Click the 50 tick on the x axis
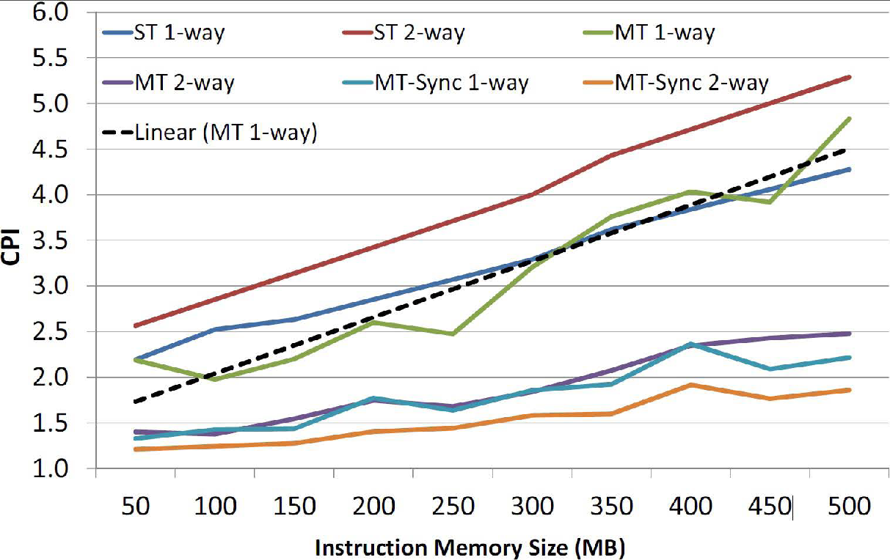point(136,506)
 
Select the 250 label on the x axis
point(453,506)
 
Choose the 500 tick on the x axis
point(850,506)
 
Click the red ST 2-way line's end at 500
point(850,76)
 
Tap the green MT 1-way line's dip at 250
point(453,334)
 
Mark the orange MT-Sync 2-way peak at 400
point(690,385)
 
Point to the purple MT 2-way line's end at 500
point(850,334)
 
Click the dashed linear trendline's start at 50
point(136,402)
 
